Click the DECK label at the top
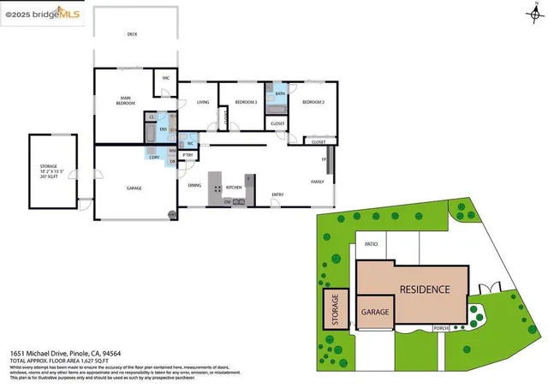point(132,34)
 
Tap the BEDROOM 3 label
point(247,102)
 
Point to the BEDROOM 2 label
point(313,102)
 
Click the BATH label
point(280,93)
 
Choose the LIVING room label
point(203,102)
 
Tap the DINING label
point(194,186)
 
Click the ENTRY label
point(277,194)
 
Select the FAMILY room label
point(317,182)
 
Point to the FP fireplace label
point(324,160)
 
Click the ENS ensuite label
point(163,129)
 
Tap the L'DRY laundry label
point(154,157)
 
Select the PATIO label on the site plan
point(371,244)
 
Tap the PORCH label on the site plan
point(441,327)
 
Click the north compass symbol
point(536,11)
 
